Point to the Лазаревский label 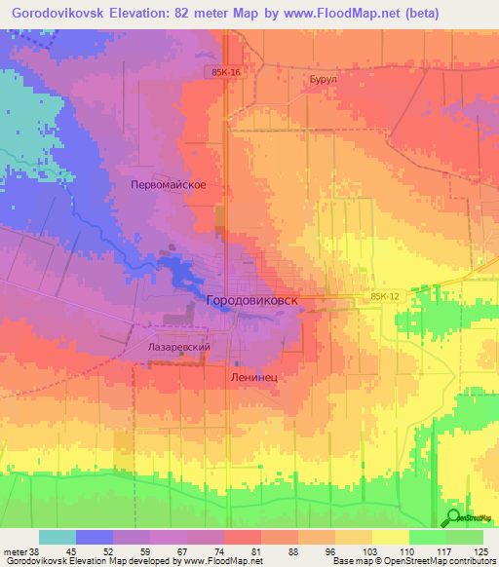pyautogui.click(x=179, y=347)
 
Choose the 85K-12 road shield pyautogui.click(x=386, y=296)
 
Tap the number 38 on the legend pyautogui.click(x=37, y=550)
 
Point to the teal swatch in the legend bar pyautogui.click(x=58, y=537)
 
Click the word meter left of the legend pyautogui.click(x=14, y=550)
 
